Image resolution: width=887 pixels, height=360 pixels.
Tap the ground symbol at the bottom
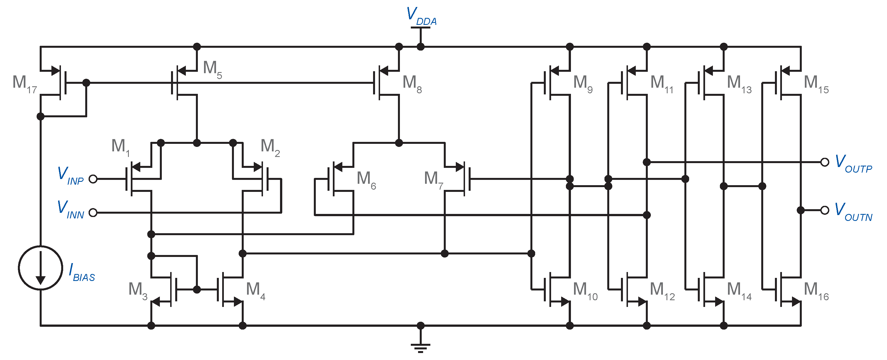pyautogui.click(x=420, y=347)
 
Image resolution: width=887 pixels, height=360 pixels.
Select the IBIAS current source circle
pyautogui.click(x=41, y=268)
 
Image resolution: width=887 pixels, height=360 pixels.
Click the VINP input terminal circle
pyautogui.click(x=93, y=179)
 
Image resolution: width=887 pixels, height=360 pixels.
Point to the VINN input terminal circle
pyautogui.click(x=93, y=213)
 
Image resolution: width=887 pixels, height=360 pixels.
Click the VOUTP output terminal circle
pyautogui.click(x=824, y=162)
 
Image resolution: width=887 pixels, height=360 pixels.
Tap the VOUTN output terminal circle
pyautogui.click(x=824, y=210)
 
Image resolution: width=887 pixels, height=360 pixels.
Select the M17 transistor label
pyautogui.click(x=24, y=84)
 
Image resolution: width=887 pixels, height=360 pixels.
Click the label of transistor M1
pyautogui.click(x=120, y=147)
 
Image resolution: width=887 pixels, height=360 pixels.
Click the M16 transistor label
pyautogui.click(x=816, y=290)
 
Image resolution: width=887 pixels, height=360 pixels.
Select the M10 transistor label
pyautogui.click(x=585, y=290)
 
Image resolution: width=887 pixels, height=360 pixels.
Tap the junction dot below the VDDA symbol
pyautogui.click(x=420, y=46)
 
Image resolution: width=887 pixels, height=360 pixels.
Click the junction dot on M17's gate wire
pyautogui.click(x=86, y=83)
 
